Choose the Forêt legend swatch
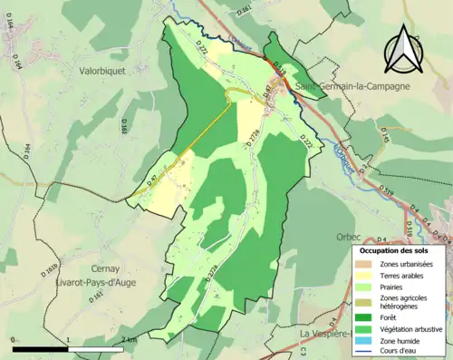368,316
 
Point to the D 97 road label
152,180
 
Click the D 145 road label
384,135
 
